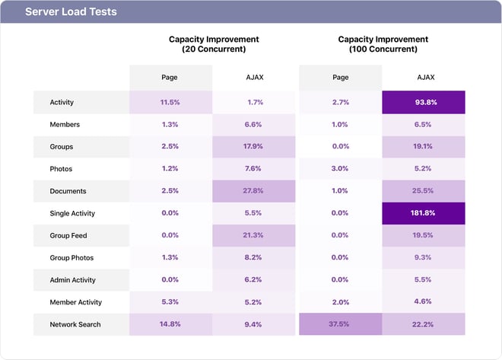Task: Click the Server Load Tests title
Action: click(x=71, y=12)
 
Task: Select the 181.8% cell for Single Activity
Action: click(x=423, y=213)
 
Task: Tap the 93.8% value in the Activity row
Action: click(x=423, y=102)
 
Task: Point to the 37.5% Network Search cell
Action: click(x=340, y=324)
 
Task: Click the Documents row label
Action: click(x=68, y=191)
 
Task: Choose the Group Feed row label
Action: click(x=68, y=236)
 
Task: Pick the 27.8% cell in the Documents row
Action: click(x=253, y=191)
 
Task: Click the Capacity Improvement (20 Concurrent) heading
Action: click(x=213, y=44)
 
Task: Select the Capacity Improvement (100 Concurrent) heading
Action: click(x=383, y=44)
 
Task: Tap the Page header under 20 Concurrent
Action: click(x=170, y=77)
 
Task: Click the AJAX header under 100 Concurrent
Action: click(x=423, y=77)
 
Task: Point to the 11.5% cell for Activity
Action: click(x=170, y=102)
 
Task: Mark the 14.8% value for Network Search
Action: click(x=170, y=324)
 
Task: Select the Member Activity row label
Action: click(x=75, y=302)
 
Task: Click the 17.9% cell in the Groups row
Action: click(x=253, y=147)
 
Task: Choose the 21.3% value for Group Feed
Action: click(x=253, y=236)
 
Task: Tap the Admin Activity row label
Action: click(x=74, y=280)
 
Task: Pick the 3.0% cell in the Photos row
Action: click(x=340, y=169)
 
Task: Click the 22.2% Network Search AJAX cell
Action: click(x=423, y=324)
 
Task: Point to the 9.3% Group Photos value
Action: click(x=423, y=258)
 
